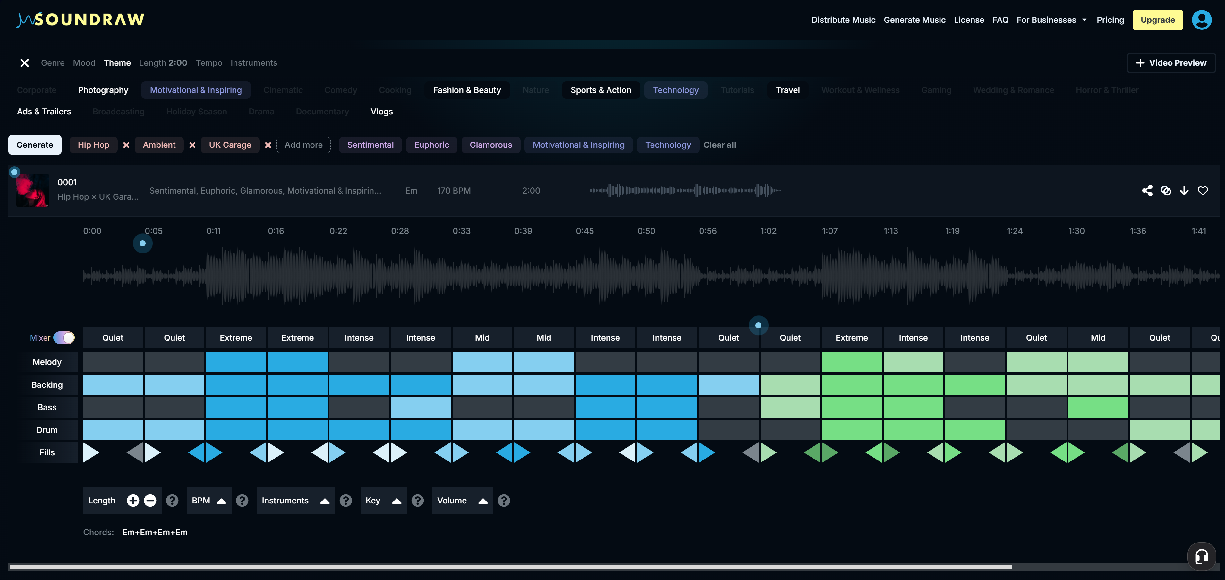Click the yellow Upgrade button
pos(1157,20)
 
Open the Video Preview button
pos(1171,63)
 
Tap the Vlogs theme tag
pos(381,112)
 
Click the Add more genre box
pos(303,145)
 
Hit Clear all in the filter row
pos(719,145)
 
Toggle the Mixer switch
pos(64,338)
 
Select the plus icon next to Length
pos(133,501)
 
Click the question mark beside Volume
pos(504,501)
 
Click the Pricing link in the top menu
pos(1110,20)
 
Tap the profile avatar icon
pos(1201,20)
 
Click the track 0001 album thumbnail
pos(33,190)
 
